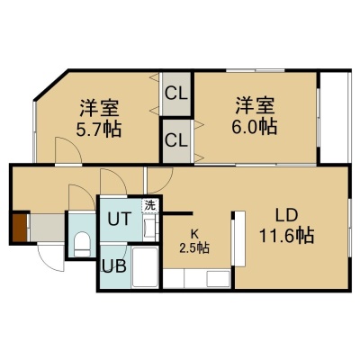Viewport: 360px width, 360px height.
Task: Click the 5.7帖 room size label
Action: (99, 130)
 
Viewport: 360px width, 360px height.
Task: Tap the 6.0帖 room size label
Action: (254, 127)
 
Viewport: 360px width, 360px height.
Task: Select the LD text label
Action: (286, 216)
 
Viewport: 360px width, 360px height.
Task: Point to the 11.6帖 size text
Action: (286, 235)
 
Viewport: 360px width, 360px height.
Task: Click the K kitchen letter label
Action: (194, 233)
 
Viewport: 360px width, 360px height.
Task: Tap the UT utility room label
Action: (120, 219)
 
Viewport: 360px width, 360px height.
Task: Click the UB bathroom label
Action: (114, 265)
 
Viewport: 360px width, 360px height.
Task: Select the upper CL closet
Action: (176, 94)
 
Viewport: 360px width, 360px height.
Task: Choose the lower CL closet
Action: (176, 141)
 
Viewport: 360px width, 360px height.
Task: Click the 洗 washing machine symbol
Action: (149, 206)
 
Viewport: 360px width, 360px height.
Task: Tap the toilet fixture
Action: (82, 244)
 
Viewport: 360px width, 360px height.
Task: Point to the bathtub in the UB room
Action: (145, 267)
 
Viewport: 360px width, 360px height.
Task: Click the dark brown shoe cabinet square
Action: (20, 227)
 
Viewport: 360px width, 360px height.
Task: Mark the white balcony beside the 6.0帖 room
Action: (334, 117)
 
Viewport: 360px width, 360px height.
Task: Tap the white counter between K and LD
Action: (239, 238)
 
